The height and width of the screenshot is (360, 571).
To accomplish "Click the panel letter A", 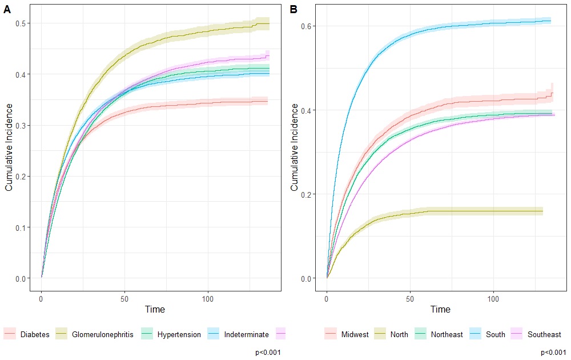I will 8,9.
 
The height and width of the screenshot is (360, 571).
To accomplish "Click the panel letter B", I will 293,9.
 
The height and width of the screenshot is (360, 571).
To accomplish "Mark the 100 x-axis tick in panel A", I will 208,299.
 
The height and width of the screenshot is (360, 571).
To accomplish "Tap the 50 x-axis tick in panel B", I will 410,299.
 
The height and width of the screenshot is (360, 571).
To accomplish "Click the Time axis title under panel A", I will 155,310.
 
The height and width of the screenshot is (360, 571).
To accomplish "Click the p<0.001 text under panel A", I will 268,353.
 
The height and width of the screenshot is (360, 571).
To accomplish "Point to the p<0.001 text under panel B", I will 553,353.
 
